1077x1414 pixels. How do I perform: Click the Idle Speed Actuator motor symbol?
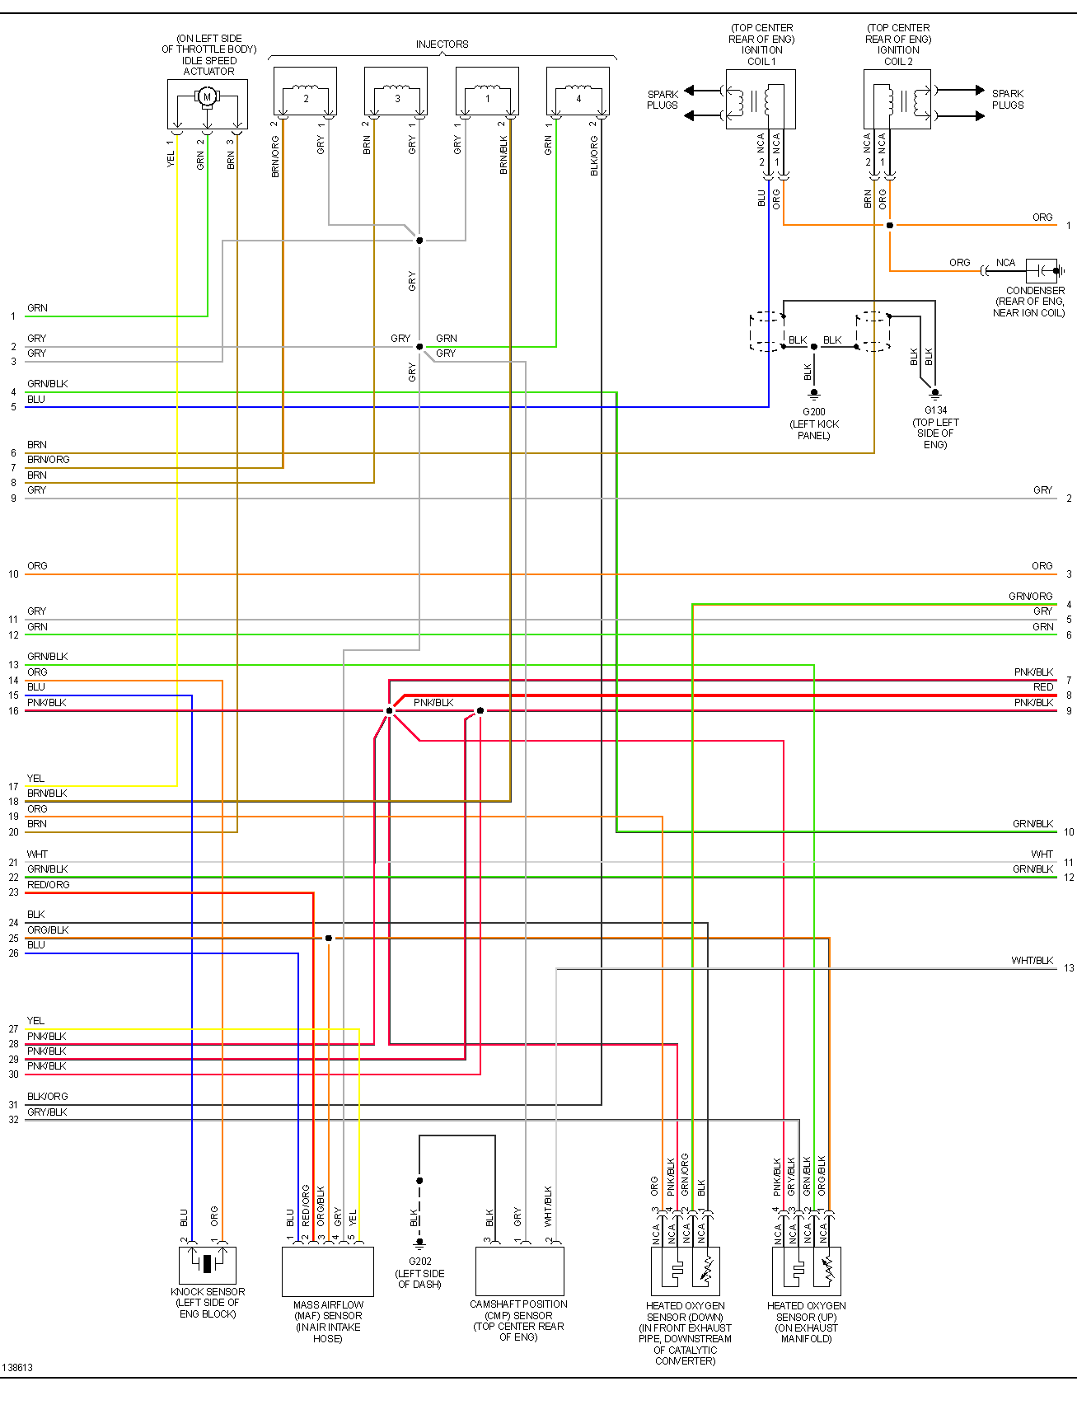click(207, 97)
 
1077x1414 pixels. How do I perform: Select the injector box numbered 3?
click(396, 91)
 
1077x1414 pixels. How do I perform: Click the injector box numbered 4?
click(578, 91)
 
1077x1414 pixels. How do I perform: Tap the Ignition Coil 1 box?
click(760, 100)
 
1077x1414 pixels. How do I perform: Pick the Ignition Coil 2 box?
click(897, 100)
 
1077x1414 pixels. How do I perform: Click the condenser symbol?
click(1042, 270)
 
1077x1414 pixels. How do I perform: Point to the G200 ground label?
click(813, 412)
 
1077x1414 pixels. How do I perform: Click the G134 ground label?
click(935, 410)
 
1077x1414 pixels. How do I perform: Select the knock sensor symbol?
click(208, 1264)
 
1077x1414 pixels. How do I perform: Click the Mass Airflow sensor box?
click(328, 1271)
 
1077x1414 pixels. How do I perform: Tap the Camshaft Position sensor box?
click(519, 1271)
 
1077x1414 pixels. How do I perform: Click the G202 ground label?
click(419, 1262)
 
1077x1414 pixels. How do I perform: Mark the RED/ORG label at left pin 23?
click(48, 885)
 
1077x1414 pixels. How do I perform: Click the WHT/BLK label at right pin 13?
click(1032, 961)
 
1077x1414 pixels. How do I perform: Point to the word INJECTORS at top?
click(442, 44)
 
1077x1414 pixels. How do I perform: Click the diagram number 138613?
click(17, 1368)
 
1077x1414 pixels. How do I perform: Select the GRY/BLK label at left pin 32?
click(47, 1112)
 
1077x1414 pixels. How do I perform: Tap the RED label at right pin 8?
click(1042, 687)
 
